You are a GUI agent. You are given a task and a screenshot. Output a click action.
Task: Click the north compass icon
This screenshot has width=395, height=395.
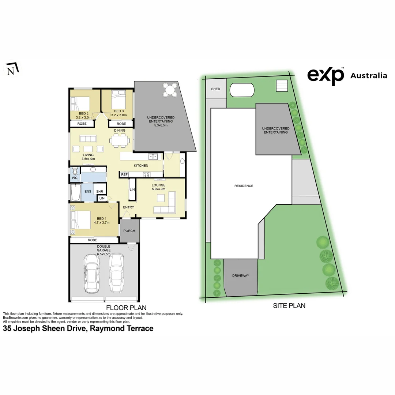13,69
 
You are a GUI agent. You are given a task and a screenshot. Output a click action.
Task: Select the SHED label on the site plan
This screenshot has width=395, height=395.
216,89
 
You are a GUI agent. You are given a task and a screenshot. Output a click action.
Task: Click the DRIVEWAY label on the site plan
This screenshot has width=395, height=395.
240,275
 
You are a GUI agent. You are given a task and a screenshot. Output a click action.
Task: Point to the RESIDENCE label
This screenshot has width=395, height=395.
244,186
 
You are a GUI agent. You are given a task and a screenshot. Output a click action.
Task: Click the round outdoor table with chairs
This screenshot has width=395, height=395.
170,90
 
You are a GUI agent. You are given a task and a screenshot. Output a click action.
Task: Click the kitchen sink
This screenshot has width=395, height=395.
153,157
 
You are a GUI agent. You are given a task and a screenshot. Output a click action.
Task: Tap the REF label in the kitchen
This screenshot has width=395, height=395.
124,175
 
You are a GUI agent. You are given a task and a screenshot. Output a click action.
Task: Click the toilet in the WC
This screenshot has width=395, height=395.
75,171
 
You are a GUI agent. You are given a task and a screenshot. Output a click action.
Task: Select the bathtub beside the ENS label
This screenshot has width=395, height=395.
76,193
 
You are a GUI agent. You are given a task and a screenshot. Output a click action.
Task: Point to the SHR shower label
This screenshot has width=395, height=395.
99,191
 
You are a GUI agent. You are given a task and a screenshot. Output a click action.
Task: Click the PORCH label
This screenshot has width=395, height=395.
129,231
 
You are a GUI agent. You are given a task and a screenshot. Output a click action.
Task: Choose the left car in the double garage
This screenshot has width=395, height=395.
91,273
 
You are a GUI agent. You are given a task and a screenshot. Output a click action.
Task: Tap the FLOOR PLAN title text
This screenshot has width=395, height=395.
126,308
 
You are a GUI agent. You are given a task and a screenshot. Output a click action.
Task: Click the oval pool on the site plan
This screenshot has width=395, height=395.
241,90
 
